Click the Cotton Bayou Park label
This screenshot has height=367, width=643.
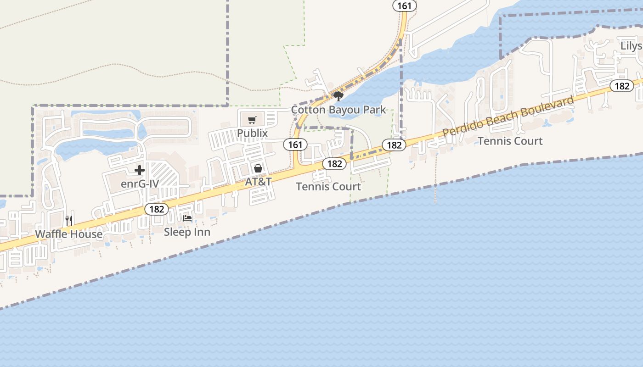(338, 110)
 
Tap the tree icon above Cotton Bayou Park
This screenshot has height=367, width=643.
(338, 96)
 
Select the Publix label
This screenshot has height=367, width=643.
(252, 133)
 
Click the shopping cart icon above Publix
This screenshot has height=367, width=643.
(252, 120)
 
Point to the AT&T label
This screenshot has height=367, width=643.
(258, 182)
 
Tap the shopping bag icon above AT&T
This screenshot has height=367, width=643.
(258, 168)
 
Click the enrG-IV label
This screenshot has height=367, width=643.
(140, 184)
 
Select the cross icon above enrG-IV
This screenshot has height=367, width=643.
(140, 171)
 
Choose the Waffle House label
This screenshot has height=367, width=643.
(69, 234)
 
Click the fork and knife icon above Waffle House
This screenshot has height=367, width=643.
(69, 221)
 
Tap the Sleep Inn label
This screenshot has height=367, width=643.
(187, 232)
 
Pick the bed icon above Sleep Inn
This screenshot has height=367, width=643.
(187, 218)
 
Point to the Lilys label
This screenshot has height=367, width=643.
(632, 46)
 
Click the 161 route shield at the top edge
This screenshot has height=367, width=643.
(405, 6)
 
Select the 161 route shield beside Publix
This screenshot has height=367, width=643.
(295, 145)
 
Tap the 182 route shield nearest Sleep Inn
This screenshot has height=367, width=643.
(157, 209)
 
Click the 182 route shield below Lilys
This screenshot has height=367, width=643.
(622, 86)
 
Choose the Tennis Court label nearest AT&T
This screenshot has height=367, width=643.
(328, 187)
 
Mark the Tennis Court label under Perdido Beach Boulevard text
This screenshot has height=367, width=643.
(510, 141)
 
